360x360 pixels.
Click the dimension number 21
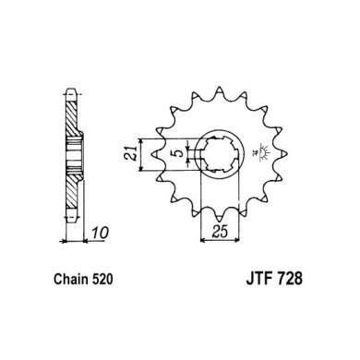pyautogui.click(x=130, y=153)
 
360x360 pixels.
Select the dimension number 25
pyautogui.click(x=221, y=232)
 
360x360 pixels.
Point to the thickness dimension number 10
pyautogui.click(x=101, y=233)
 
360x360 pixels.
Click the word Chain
pyautogui.click(x=71, y=279)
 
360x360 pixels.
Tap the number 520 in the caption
pyautogui.click(x=102, y=279)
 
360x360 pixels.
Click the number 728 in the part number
pyautogui.click(x=290, y=279)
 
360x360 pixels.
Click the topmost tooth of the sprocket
pyautogui.click(x=219, y=91)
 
